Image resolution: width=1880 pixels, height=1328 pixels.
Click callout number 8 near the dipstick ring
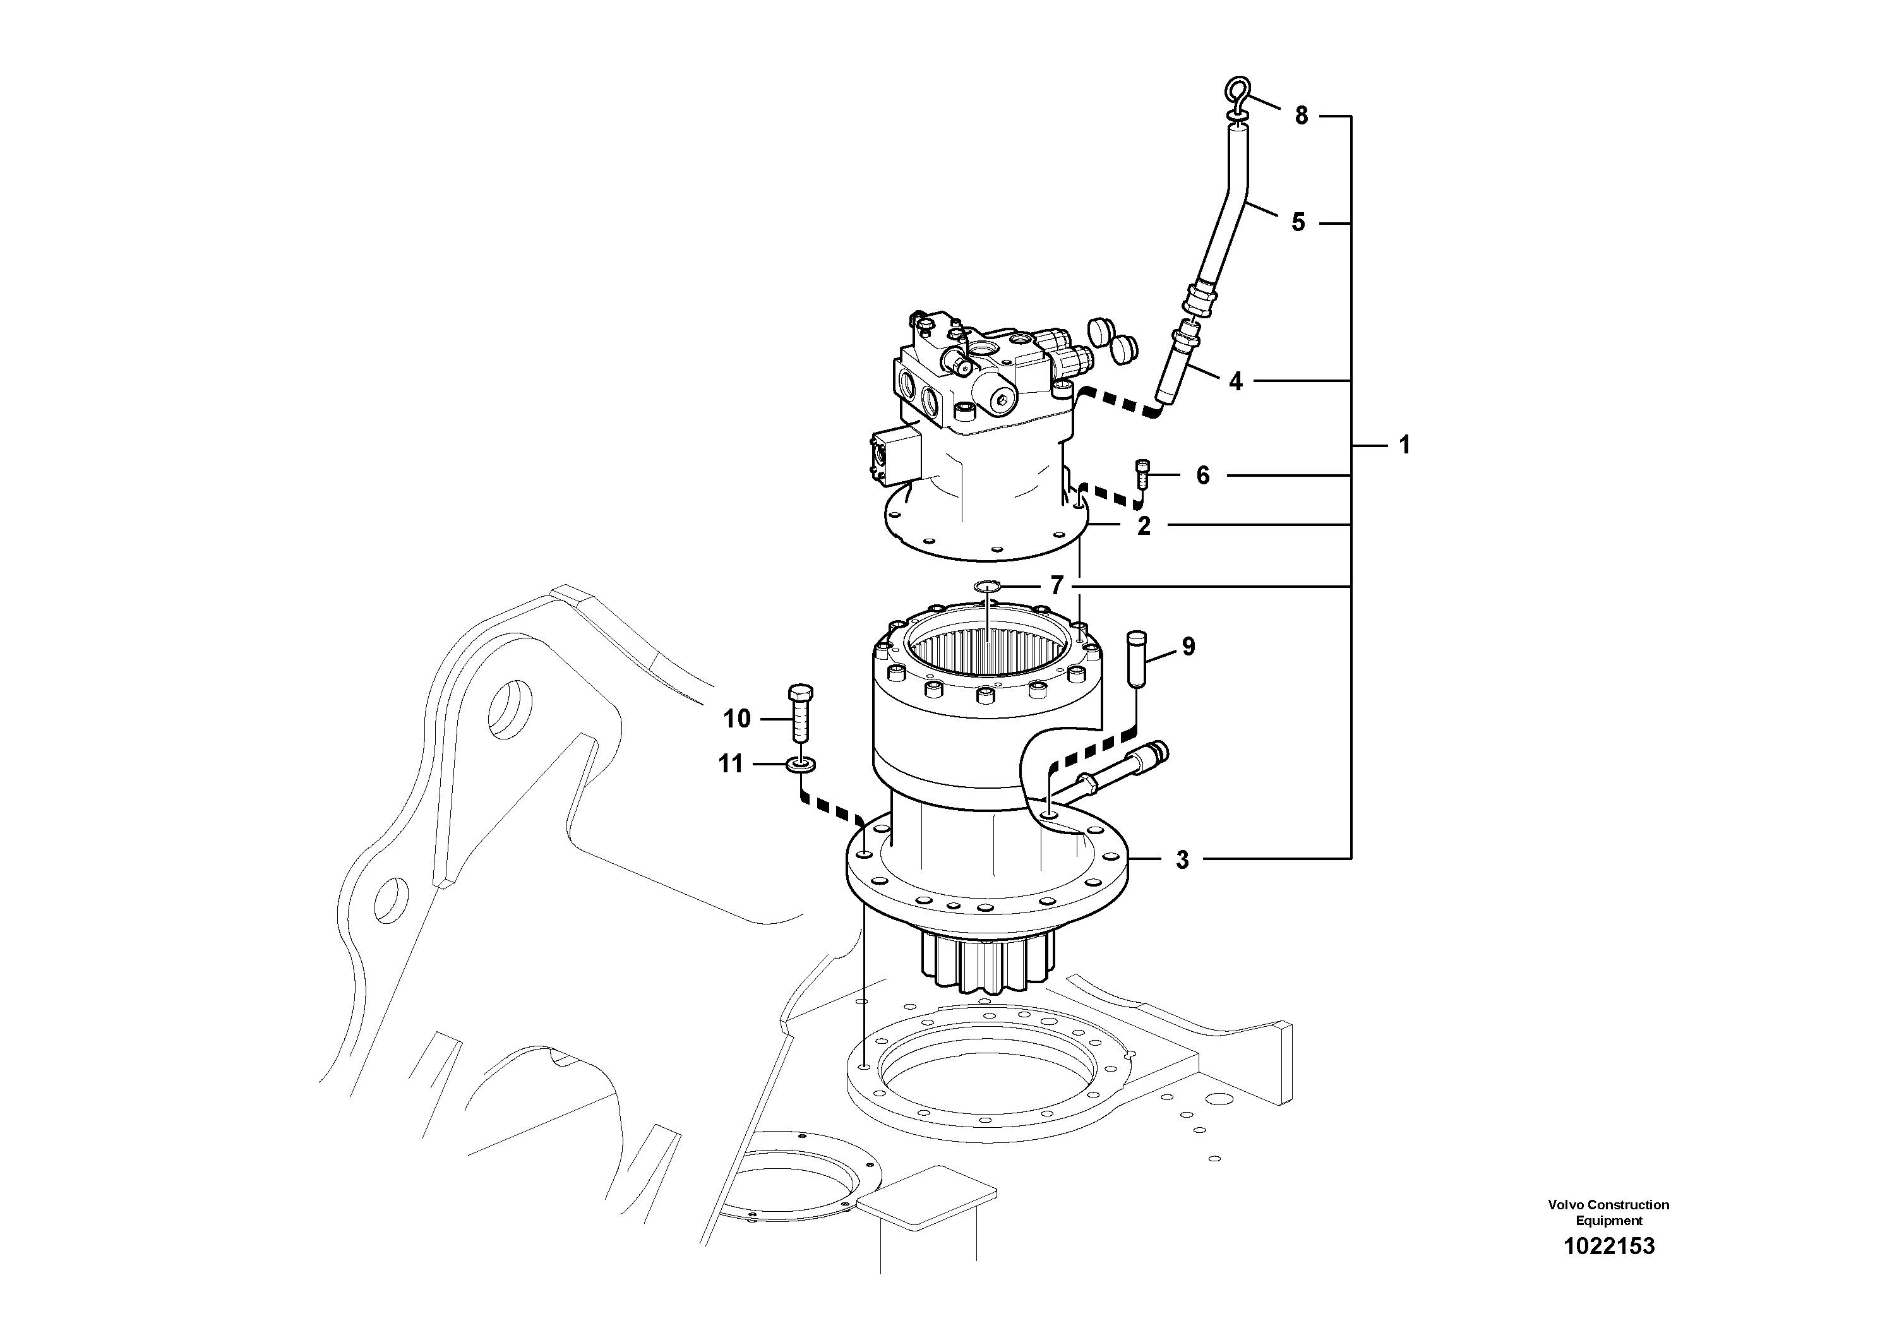(x=1301, y=116)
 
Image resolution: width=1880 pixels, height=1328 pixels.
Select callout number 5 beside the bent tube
(x=1298, y=222)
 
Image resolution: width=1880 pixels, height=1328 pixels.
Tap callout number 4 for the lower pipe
(x=1236, y=381)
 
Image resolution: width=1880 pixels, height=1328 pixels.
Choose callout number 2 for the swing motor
(x=1144, y=525)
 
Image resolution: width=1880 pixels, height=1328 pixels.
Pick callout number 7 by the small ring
(x=1057, y=585)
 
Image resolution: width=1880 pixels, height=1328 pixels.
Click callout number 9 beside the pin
(x=1188, y=647)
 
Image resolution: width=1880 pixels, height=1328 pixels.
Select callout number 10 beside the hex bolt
(x=737, y=719)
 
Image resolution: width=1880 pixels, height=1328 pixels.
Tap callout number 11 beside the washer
(x=731, y=764)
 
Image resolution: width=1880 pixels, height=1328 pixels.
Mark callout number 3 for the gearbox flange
(x=1182, y=859)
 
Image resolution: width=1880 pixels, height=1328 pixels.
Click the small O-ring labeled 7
(x=988, y=586)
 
